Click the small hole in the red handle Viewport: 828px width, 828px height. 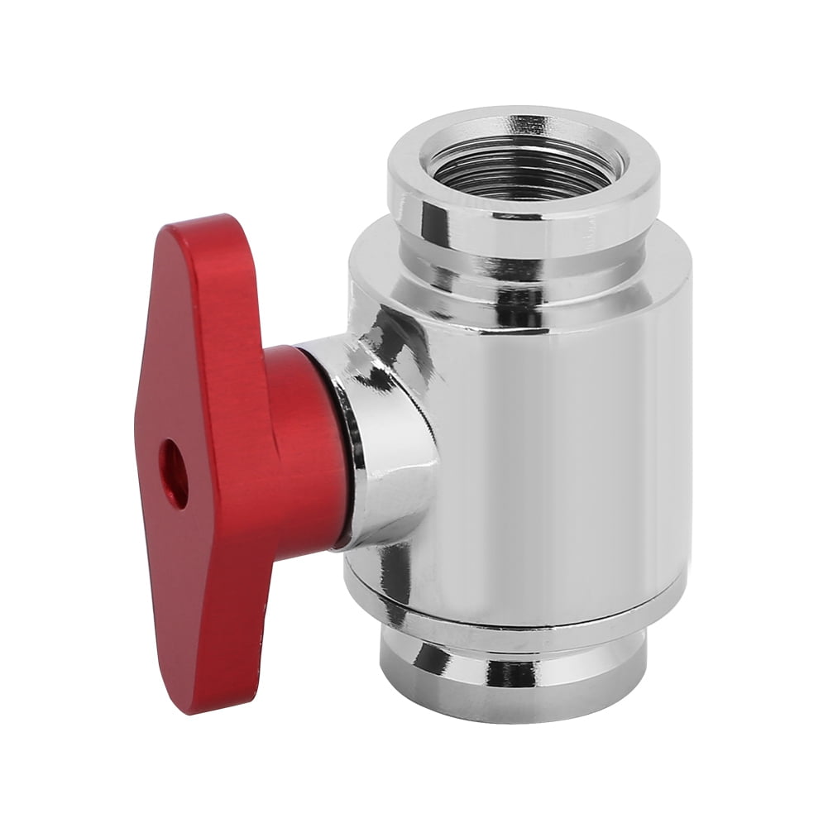click(x=174, y=473)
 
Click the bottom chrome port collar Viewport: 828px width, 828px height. click(x=513, y=670)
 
